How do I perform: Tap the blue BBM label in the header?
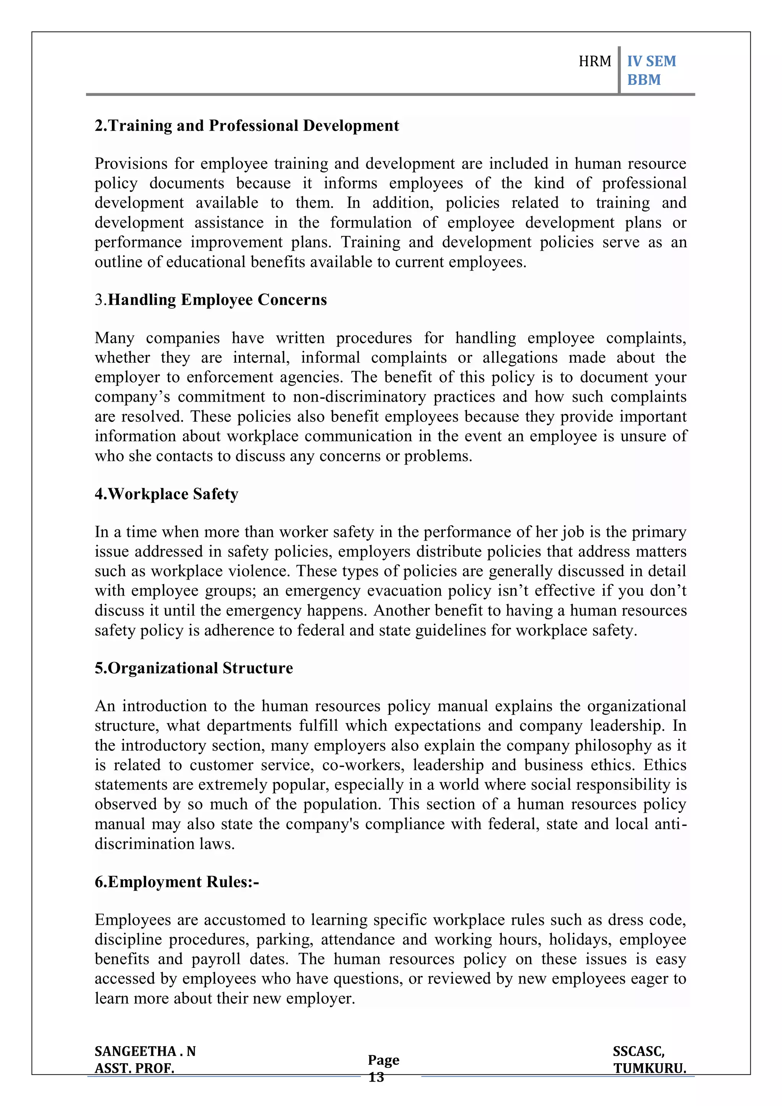coord(644,79)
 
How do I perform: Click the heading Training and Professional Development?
coord(247,126)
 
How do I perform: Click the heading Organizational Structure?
coord(194,668)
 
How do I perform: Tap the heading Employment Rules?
coord(176,882)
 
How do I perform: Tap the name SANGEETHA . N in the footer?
coord(145,1051)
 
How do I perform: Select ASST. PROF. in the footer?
coord(134,1069)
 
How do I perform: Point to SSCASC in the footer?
coord(638,1051)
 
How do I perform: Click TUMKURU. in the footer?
coord(650,1069)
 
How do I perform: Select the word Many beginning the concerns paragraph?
coord(114,338)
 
